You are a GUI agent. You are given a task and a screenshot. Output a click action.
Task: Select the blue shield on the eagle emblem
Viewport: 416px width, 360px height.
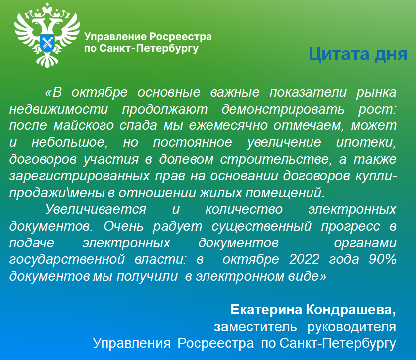[47, 43]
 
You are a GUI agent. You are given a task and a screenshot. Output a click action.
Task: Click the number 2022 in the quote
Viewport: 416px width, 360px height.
[305, 259]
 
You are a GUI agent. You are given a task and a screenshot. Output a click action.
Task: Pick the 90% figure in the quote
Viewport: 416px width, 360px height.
[383, 259]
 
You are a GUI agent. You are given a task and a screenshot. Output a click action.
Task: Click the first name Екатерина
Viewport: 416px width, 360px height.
[266, 310]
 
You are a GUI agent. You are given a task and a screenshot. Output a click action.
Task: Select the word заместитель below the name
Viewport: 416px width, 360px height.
[255, 327]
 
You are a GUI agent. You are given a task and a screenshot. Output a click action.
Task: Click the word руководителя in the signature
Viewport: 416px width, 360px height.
[351, 327]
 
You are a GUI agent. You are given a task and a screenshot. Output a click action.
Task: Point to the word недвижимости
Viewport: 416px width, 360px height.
[59, 109]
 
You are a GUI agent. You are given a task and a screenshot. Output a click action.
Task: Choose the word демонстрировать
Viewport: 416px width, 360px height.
[283, 110]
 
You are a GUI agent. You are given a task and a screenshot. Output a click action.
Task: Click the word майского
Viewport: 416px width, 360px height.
[84, 125]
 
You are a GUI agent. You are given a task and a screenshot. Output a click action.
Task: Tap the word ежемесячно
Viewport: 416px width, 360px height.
[228, 126]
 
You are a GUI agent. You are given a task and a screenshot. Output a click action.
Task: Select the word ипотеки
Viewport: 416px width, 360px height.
[366, 142]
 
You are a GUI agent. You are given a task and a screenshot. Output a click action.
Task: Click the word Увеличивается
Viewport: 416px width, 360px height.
[96, 209]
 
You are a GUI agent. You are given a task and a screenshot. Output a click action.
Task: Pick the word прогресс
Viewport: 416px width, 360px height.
[350, 226]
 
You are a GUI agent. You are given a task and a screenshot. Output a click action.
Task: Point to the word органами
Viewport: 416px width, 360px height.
[365, 243]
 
